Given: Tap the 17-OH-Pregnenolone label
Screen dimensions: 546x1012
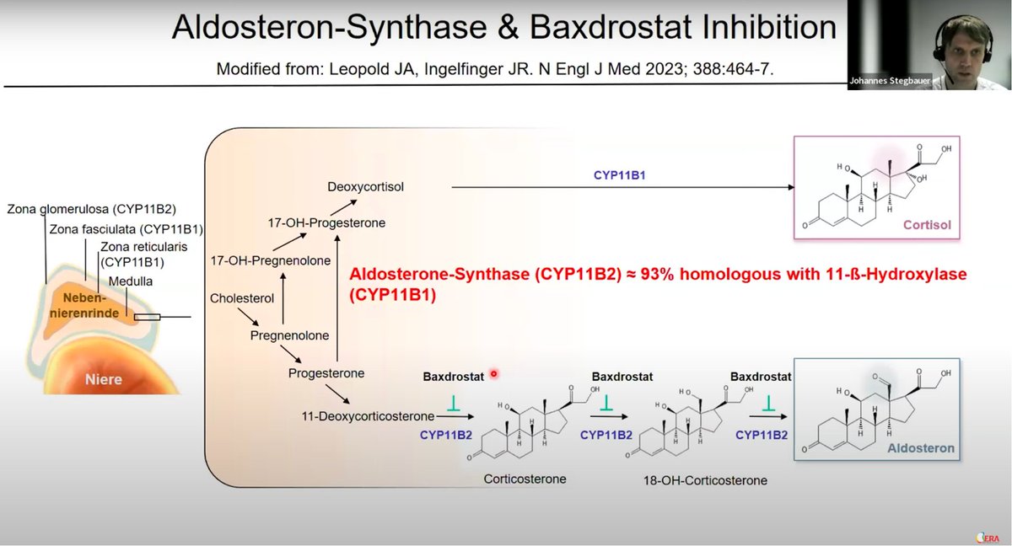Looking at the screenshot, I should tap(270, 261).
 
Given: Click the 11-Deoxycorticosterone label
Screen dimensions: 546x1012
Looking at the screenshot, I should tap(368, 415).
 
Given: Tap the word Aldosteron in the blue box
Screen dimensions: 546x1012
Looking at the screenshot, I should tap(921, 448).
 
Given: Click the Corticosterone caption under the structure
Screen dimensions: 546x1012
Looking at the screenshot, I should tap(525, 479).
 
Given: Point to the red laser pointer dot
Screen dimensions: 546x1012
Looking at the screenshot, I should tap(494, 374).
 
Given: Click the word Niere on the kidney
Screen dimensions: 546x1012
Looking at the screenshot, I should tap(104, 379).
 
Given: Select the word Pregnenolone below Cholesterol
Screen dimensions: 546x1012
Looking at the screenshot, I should tap(289, 335).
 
